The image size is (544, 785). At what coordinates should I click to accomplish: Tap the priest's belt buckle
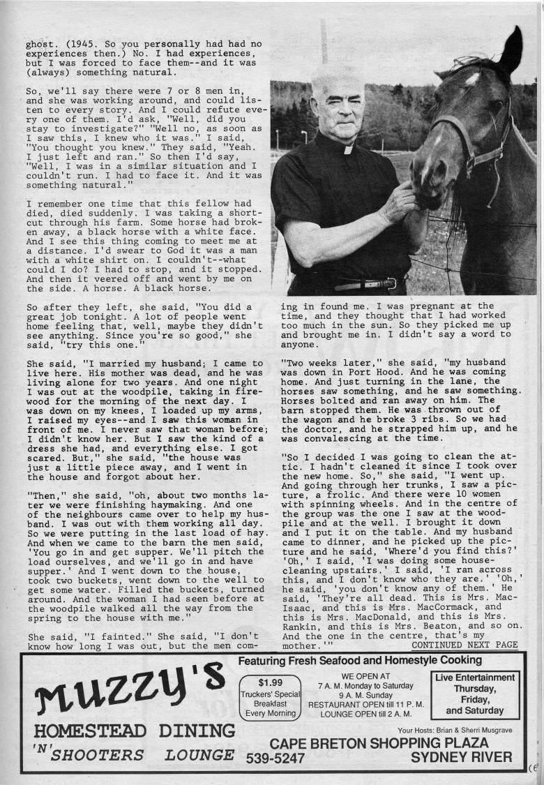pos(391,283)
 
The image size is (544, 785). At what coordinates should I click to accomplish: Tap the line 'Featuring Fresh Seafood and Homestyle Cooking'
pos(360,660)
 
